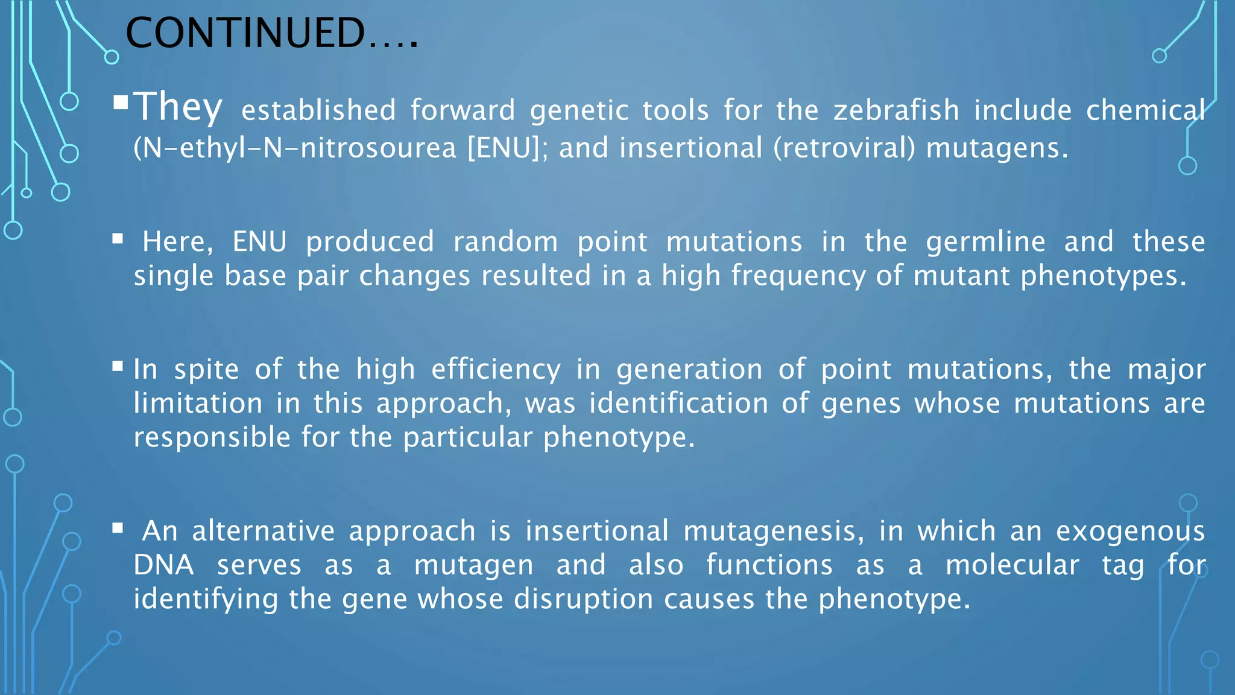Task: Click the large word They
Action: (x=178, y=107)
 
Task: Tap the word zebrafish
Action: (x=896, y=110)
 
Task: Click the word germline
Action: (x=985, y=242)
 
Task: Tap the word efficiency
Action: (x=496, y=369)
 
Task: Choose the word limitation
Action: (x=198, y=403)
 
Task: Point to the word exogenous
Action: (x=1130, y=532)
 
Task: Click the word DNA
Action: (x=164, y=565)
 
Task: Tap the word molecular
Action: (x=1012, y=565)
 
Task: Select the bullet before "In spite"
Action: (x=118, y=366)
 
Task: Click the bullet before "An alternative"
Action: (x=118, y=529)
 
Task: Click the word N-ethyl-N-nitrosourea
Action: (x=298, y=148)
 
